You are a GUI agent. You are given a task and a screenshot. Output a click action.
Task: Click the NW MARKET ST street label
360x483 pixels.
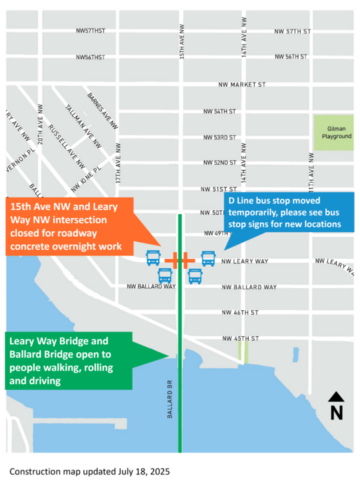point(242,85)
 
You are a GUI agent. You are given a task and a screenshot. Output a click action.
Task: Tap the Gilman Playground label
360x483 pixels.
point(333,132)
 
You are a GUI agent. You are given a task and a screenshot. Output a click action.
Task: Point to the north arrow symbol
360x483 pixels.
point(337,406)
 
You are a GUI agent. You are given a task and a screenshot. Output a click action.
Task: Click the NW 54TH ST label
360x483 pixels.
point(220,111)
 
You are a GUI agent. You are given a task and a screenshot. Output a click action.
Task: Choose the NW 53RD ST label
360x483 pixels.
point(220,137)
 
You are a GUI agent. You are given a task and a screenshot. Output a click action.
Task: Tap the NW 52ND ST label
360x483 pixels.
point(220,163)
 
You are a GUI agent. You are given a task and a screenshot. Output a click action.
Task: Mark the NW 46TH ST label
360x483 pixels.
point(240,312)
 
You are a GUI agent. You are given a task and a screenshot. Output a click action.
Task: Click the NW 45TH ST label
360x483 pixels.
point(240,339)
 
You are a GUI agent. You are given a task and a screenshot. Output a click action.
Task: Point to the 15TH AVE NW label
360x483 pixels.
point(182,41)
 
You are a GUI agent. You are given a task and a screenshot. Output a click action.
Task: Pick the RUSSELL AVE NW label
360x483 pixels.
point(67,146)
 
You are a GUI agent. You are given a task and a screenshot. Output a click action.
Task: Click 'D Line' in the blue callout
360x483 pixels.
point(244,200)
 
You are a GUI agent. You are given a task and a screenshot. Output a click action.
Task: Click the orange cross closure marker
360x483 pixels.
point(179,260)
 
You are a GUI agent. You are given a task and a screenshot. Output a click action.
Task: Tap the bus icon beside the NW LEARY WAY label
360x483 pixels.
point(208,258)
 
